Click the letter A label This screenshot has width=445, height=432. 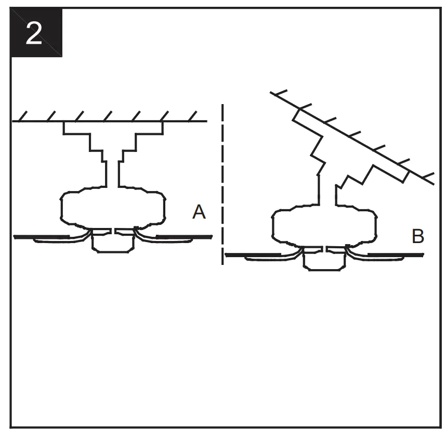[199, 212]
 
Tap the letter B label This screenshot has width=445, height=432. [417, 236]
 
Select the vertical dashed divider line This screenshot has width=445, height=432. [223, 182]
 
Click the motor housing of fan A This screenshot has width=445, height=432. [113, 208]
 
